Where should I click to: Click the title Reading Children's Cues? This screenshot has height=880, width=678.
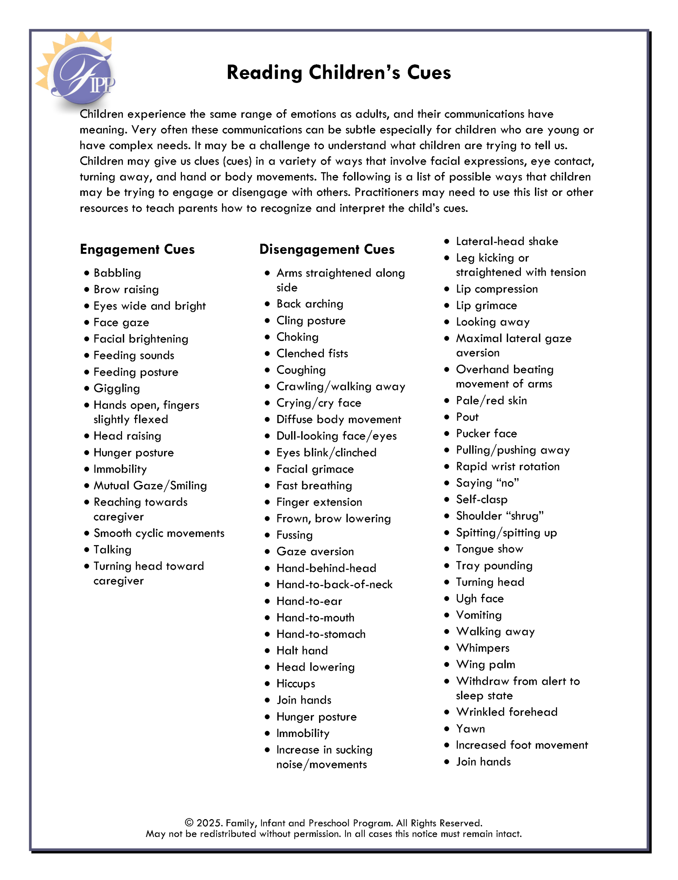tap(339, 73)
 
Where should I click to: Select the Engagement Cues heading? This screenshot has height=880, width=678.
tap(137, 250)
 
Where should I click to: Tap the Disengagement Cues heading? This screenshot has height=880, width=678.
tap(327, 250)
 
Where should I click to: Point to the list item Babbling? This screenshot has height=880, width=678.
tap(117, 273)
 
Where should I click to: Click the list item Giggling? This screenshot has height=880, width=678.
tap(117, 388)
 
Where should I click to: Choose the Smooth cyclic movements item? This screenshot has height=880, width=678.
tap(159, 533)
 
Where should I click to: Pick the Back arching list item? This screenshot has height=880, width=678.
tap(309, 304)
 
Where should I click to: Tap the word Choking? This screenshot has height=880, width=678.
tap(297, 337)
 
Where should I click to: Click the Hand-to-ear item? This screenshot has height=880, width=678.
tap(309, 601)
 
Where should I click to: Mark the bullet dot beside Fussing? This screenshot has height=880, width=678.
tap(267, 535)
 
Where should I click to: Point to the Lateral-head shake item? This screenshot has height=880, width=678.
tap(507, 241)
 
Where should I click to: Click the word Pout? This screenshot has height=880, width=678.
tap(467, 417)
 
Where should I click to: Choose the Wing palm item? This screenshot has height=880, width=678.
tap(485, 664)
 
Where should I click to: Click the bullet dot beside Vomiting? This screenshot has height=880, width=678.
tap(447, 615)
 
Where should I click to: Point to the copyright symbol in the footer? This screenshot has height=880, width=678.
tap(189, 823)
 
